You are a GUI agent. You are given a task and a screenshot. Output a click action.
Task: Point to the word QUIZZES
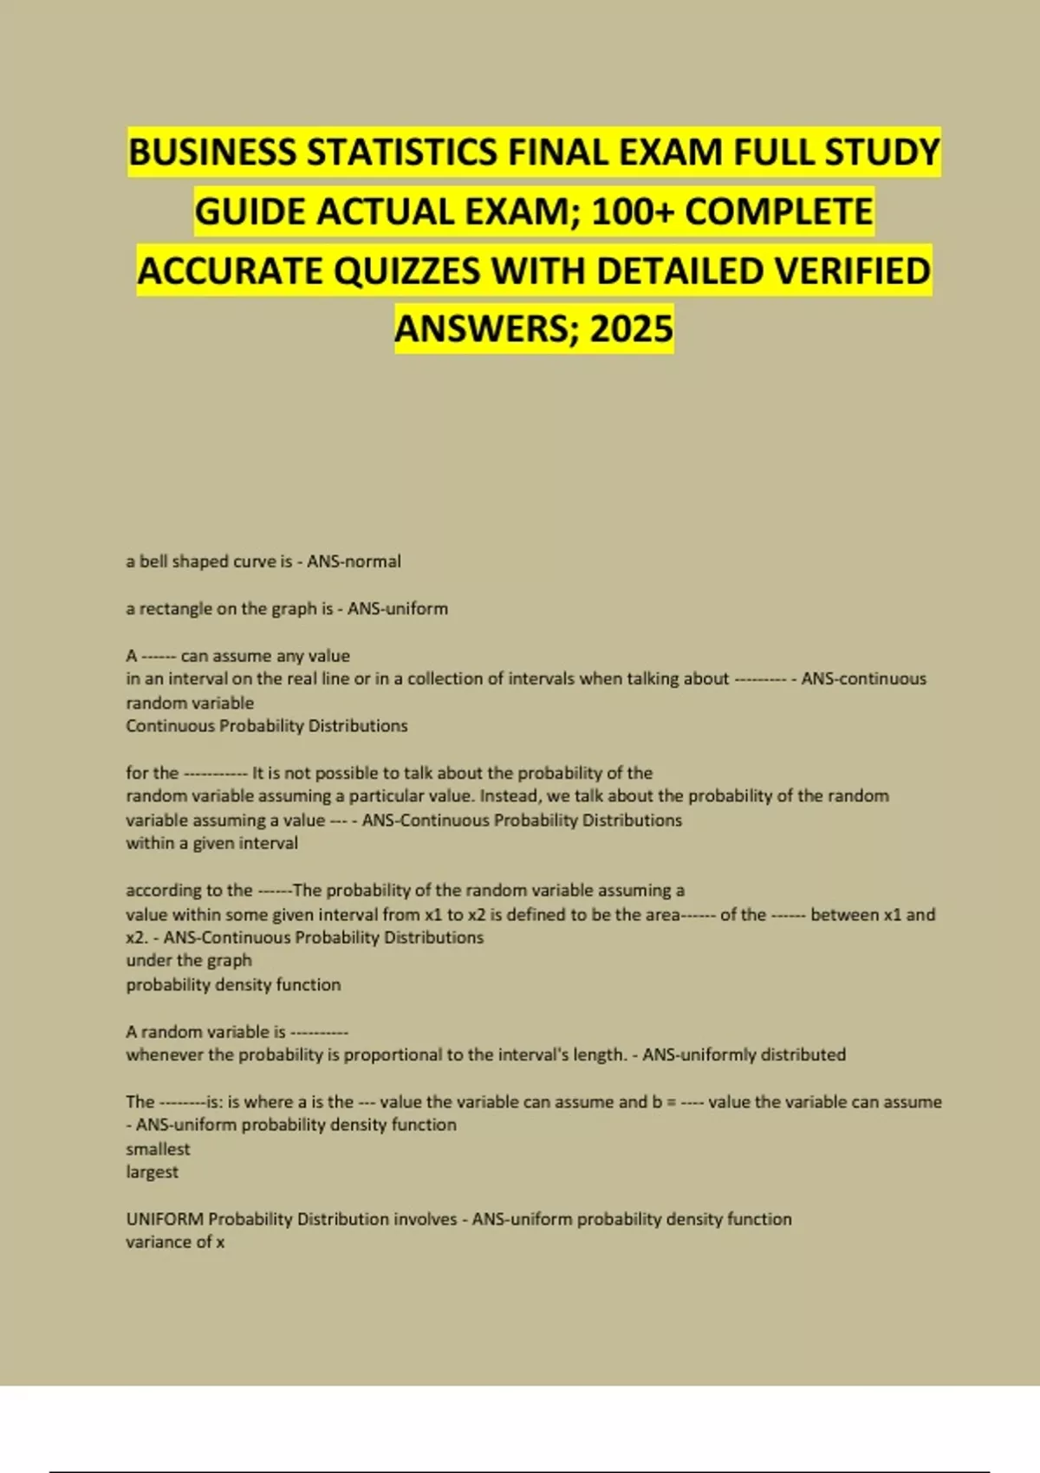(x=406, y=270)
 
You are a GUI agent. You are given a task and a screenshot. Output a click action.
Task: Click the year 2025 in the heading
(x=632, y=328)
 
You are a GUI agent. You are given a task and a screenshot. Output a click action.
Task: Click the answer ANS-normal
(x=354, y=561)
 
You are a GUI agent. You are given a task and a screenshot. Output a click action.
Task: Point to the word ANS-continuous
(x=863, y=678)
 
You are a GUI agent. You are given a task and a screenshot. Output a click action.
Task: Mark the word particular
(x=392, y=795)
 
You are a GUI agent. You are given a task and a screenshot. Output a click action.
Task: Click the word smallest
(x=158, y=1149)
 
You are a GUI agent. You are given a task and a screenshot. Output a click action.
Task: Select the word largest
(x=152, y=1172)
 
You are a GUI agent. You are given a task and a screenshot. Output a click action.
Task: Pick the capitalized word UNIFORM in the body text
(x=164, y=1219)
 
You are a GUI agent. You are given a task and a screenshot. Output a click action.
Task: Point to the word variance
(x=158, y=1243)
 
